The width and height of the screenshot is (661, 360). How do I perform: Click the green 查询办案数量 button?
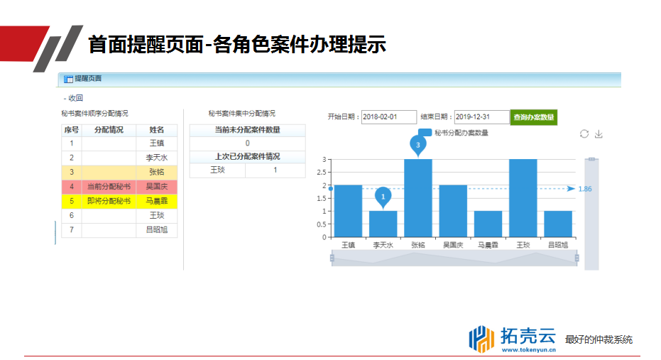[x=534, y=117]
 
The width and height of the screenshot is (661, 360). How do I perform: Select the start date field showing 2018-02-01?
[x=388, y=116]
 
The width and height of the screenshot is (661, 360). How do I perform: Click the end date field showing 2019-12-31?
[x=481, y=116]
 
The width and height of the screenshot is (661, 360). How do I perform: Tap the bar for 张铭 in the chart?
[x=417, y=198]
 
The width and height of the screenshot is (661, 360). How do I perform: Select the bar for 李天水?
[x=383, y=224]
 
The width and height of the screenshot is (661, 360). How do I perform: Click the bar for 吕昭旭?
[x=558, y=224]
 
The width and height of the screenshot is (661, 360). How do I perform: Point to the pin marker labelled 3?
[x=417, y=146]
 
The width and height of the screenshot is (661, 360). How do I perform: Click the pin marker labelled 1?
[x=383, y=197]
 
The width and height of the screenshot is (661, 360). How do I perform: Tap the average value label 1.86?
[x=585, y=189]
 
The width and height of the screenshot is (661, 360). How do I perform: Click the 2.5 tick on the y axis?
[x=321, y=173]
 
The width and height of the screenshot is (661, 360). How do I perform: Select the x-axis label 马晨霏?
[x=488, y=245]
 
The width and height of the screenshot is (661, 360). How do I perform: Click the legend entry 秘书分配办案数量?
[x=453, y=133]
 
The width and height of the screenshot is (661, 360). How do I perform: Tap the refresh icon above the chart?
[x=584, y=134]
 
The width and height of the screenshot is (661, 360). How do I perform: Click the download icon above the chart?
[x=599, y=134]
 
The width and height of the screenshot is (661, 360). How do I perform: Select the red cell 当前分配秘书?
[x=109, y=186]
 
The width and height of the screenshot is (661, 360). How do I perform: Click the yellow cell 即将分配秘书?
[x=109, y=201]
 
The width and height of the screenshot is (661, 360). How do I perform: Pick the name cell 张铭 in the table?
[x=156, y=172]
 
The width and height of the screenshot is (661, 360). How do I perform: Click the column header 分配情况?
[x=109, y=130]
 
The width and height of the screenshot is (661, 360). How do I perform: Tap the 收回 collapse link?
[x=73, y=98]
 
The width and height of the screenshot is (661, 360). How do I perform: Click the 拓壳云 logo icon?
[x=481, y=339]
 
